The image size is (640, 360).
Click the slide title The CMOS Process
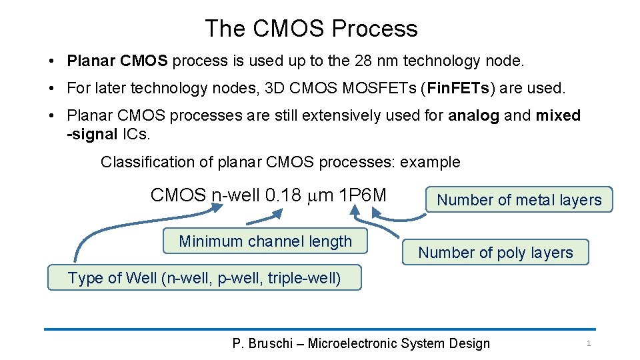coord(311,29)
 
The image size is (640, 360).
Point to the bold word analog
coord(473,115)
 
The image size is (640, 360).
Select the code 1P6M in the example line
coord(363,195)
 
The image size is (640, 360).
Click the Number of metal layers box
coord(519,199)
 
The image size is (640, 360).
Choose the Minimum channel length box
coord(265,241)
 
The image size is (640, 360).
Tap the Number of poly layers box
coord(495,253)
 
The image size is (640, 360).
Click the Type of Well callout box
coord(204,278)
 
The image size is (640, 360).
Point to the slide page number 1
coord(589,343)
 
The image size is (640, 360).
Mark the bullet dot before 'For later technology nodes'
coord(51,89)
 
